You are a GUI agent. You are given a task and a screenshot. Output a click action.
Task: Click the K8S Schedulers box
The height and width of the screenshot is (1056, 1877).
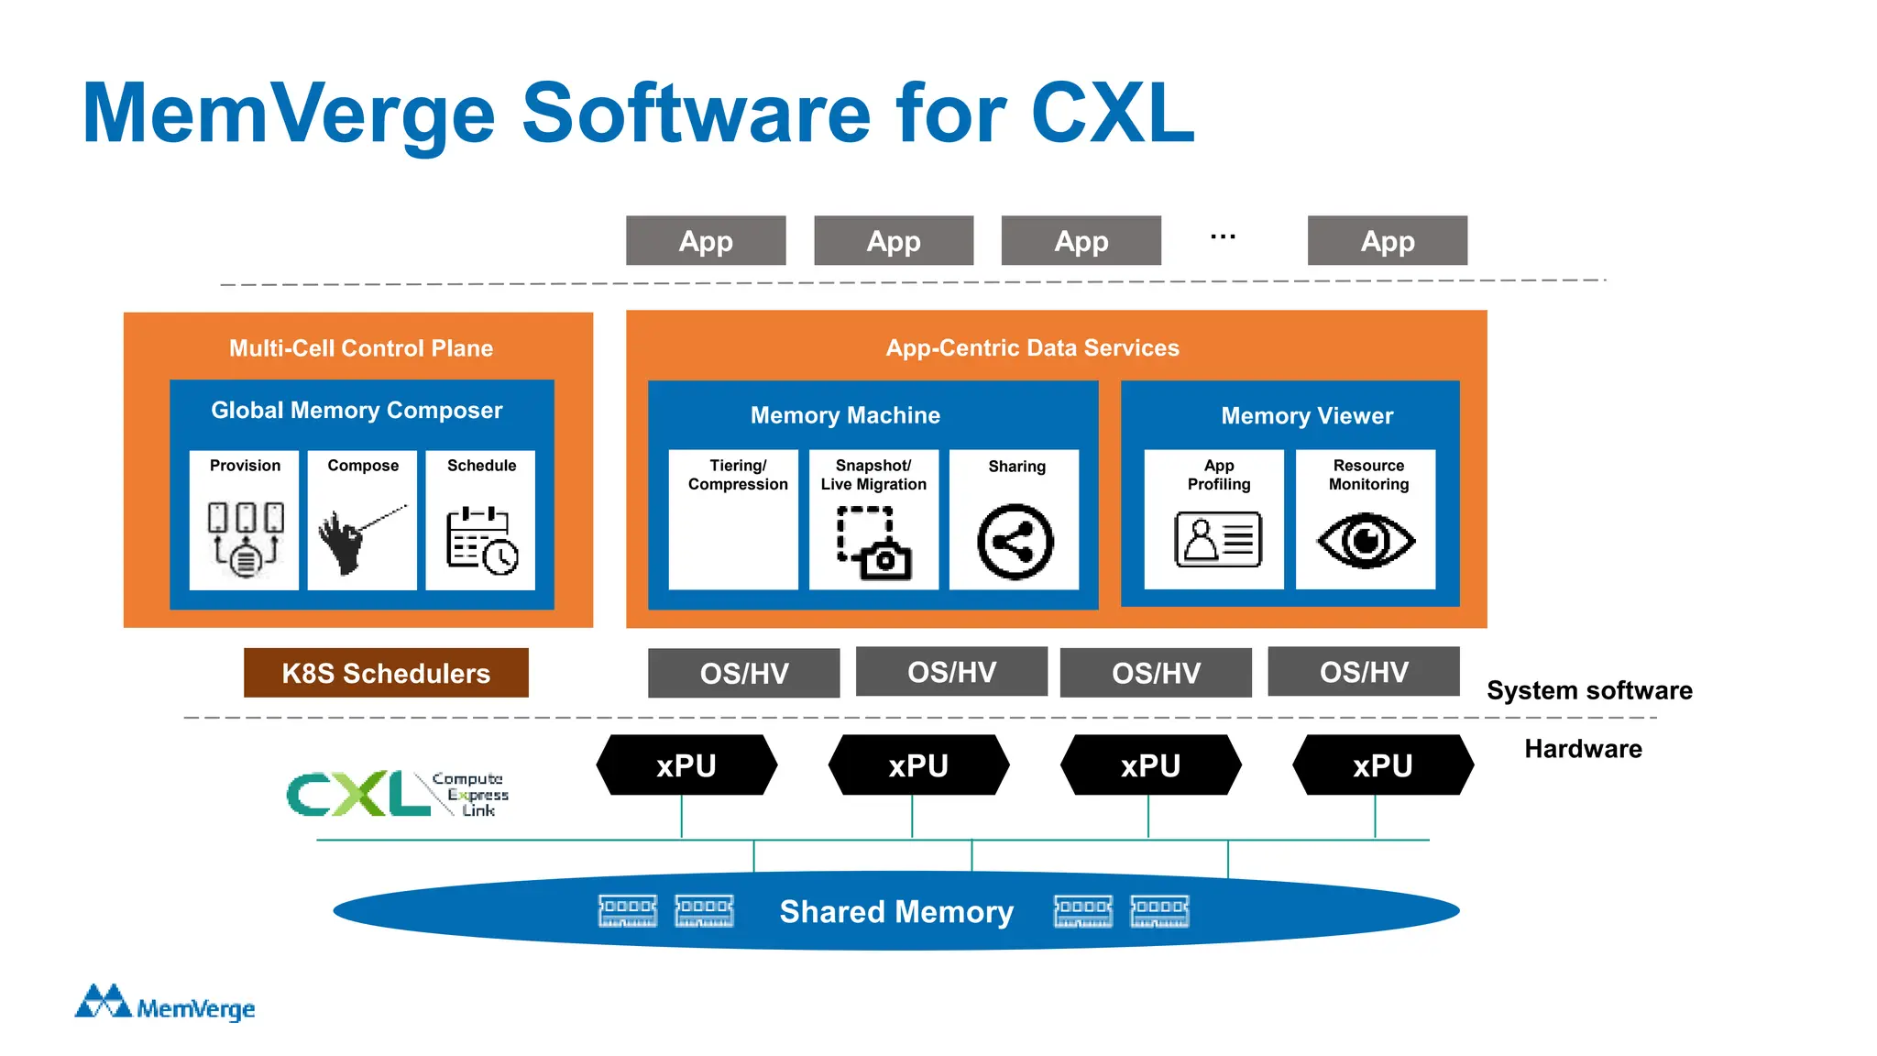[386, 673]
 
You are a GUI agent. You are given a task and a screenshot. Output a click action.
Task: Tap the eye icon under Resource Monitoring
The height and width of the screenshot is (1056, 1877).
[1366, 541]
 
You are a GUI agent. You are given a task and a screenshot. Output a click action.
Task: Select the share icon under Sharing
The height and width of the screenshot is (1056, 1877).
[1015, 542]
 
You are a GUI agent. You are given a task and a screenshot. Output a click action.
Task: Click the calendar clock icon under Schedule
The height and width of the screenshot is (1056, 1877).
[482, 541]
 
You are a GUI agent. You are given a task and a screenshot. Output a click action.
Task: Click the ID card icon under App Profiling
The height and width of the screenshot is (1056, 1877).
[1218, 539]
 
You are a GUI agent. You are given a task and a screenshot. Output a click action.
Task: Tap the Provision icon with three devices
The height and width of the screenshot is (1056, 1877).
[245, 539]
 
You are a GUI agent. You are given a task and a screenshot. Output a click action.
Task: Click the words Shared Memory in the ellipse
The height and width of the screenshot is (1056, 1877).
[895, 911]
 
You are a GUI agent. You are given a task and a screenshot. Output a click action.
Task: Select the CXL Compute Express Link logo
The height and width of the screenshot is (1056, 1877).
[397, 793]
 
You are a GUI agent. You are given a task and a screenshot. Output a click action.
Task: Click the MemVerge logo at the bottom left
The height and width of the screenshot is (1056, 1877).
[165, 1004]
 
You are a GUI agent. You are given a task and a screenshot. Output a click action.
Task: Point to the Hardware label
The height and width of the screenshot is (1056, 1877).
[1583, 749]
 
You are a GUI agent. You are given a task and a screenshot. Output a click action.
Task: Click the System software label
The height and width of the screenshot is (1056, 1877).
[1589, 690]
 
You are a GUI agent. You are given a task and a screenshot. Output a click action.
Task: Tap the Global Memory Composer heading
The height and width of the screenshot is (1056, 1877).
[357, 410]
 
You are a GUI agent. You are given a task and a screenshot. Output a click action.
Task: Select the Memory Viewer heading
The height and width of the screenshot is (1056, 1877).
[1306, 416]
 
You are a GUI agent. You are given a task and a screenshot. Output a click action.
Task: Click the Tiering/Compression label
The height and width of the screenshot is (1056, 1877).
[738, 475]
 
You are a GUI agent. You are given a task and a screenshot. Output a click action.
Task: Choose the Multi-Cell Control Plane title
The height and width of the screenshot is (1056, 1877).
[360, 348]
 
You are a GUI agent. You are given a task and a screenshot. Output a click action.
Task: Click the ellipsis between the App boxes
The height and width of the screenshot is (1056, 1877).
[1223, 237]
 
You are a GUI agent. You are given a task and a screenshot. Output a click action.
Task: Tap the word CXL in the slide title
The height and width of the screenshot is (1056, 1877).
[1113, 114]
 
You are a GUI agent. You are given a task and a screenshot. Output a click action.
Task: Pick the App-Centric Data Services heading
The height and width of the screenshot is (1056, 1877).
[1032, 348]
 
